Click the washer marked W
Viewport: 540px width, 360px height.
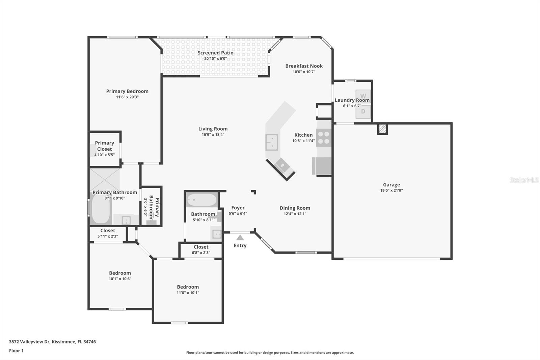[x=363, y=96]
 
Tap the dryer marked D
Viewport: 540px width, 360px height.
[x=363, y=111]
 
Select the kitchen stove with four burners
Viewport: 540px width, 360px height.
[x=324, y=138]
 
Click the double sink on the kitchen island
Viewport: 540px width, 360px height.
[x=272, y=142]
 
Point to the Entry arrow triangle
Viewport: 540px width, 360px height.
[x=240, y=238]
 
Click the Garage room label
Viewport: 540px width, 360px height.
[x=391, y=185]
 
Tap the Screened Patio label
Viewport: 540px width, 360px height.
[x=215, y=53]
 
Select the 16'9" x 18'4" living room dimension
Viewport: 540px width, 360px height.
[x=213, y=134]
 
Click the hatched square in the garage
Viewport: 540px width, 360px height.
[x=382, y=129]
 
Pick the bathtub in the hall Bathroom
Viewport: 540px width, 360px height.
[x=202, y=200]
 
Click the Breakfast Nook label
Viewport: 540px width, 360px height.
[x=304, y=66]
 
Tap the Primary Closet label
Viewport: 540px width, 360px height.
[x=104, y=146]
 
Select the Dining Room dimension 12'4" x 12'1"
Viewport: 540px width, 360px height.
[x=295, y=214]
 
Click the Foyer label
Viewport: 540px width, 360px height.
[x=238, y=208]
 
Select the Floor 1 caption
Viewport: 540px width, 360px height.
[x=16, y=351]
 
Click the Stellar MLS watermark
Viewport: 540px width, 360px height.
[x=524, y=180]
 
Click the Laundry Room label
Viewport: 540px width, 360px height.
[x=352, y=100]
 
